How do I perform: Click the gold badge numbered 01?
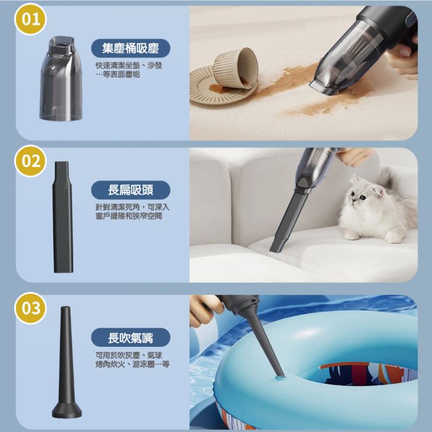(30, 19)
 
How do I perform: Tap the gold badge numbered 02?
(30, 161)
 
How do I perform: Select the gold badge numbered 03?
(30, 308)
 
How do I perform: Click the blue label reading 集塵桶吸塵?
(131, 48)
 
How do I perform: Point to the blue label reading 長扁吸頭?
(131, 190)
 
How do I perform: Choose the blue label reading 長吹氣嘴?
(131, 338)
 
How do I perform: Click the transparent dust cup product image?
(61, 78)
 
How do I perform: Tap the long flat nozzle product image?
(63, 217)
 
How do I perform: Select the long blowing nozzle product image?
(67, 362)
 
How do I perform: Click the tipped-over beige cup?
(236, 69)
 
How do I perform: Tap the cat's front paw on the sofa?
(394, 238)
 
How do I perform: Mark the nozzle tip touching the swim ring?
(280, 375)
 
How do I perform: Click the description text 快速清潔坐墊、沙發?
(128, 65)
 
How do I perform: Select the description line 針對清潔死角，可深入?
(132, 207)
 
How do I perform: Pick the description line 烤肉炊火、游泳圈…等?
(132, 364)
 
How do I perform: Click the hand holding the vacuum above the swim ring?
(206, 309)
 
